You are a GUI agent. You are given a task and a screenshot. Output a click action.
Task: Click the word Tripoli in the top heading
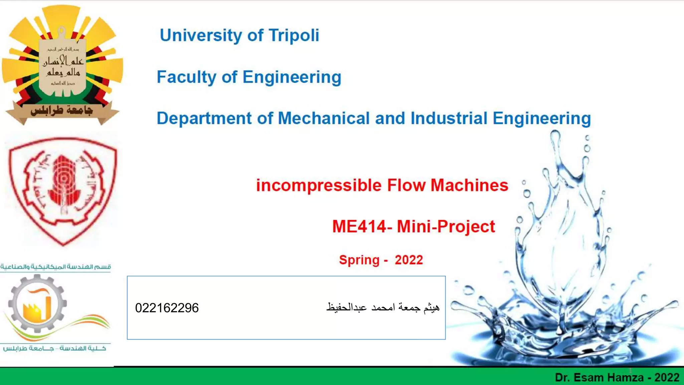point(294,35)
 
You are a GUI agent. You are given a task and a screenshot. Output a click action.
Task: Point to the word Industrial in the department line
point(449,118)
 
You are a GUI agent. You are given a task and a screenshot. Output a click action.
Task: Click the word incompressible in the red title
point(319,185)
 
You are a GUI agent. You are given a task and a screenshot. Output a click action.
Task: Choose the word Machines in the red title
point(469,185)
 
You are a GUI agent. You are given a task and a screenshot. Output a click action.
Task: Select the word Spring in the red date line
point(359,260)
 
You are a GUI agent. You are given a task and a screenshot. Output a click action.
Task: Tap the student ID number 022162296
point(167,308)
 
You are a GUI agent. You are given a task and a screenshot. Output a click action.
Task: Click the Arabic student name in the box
point(383,307)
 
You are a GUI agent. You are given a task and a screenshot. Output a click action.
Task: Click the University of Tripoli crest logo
point(62,65)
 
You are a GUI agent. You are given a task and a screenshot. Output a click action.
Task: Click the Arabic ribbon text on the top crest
point(62,111)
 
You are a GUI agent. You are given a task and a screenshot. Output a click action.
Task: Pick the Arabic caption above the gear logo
point(55,267)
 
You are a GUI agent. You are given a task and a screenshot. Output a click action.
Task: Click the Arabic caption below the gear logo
point(54,348)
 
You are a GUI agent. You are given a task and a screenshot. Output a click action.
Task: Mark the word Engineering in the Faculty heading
point(292,77)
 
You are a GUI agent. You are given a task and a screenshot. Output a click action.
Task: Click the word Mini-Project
point(446,227)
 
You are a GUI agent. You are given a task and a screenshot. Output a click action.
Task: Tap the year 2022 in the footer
point(667,378)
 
